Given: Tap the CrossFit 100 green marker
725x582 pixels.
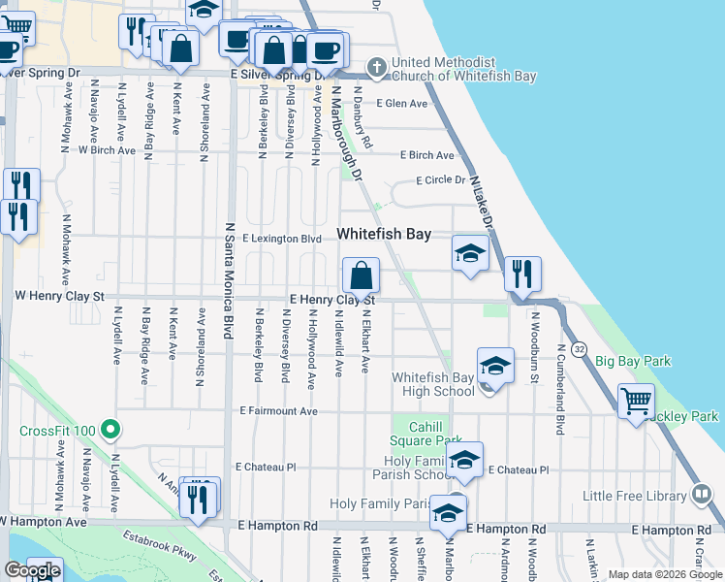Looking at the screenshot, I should (111, 428).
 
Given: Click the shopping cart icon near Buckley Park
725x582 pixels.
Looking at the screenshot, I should (636, 400).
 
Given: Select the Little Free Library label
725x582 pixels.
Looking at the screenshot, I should (634, 496).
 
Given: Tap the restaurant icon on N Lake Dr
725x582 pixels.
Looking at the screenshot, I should (522, 275).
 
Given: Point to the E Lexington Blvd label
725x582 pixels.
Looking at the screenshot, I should (281, 238).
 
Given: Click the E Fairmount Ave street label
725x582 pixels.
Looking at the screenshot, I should (279, 411).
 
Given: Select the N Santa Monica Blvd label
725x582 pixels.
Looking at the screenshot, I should (230, 281).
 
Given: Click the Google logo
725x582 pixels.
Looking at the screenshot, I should (32, 571).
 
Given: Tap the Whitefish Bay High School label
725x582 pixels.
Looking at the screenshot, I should (433, 384).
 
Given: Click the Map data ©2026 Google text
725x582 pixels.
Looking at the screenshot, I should (664, 574).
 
